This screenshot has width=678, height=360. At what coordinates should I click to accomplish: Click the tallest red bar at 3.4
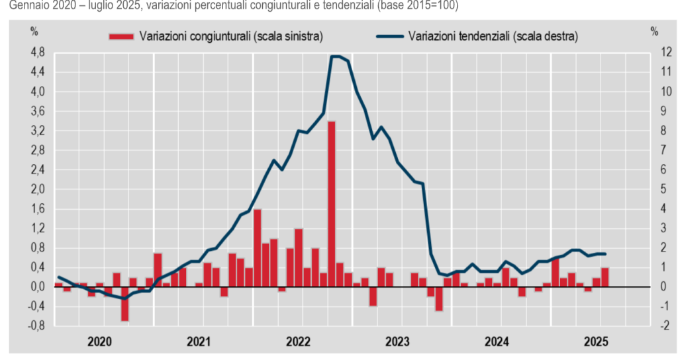click(332, 204)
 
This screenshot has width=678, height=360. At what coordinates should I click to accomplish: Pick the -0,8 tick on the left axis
click(36, 326)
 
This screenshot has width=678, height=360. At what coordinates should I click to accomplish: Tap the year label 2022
click(299, 342)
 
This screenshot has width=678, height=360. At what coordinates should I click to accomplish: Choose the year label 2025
click(597, 342)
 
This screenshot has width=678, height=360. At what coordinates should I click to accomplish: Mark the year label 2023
click(398, 342)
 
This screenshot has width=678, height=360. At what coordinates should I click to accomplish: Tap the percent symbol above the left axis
click(34, 31)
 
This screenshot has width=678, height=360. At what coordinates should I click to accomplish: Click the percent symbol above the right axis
click(654, 31)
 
